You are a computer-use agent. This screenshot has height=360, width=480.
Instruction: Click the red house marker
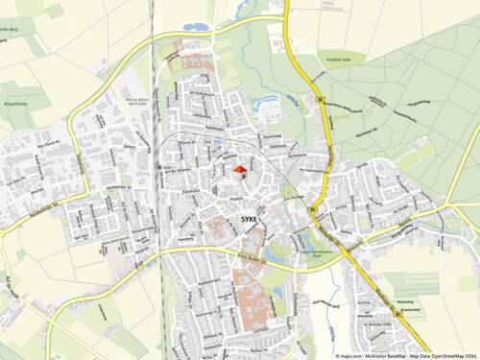coord(239,171)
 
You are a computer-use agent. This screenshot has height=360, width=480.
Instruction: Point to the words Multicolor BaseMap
coord(376,355)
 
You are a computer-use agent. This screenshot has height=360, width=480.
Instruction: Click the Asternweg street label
coord(409,312)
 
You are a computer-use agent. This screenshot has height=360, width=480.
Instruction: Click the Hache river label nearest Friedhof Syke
coord(289,97)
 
